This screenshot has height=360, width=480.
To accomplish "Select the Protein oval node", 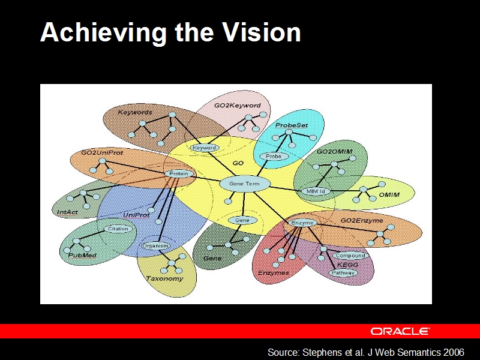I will (179, 174).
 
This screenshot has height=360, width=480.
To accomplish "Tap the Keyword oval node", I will (205, 148).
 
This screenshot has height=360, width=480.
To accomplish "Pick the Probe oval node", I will (274, 157).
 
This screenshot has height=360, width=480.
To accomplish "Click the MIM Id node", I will (316, 191).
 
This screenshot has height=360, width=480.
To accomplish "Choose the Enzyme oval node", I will (302, 223).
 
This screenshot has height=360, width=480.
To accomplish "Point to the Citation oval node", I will (118, 229).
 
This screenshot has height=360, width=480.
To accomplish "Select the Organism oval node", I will (155, 246).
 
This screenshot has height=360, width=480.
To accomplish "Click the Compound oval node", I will (350, 256).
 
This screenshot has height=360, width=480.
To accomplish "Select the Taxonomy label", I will (164, 279).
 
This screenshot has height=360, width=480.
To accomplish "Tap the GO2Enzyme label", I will (362, 221).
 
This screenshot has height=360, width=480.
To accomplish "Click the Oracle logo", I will (400, 331).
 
